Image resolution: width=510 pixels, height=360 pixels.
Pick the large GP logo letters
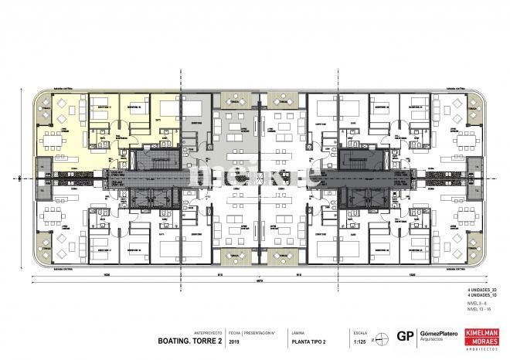(403, 336)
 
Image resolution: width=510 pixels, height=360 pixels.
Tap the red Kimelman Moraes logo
(483, 335)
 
